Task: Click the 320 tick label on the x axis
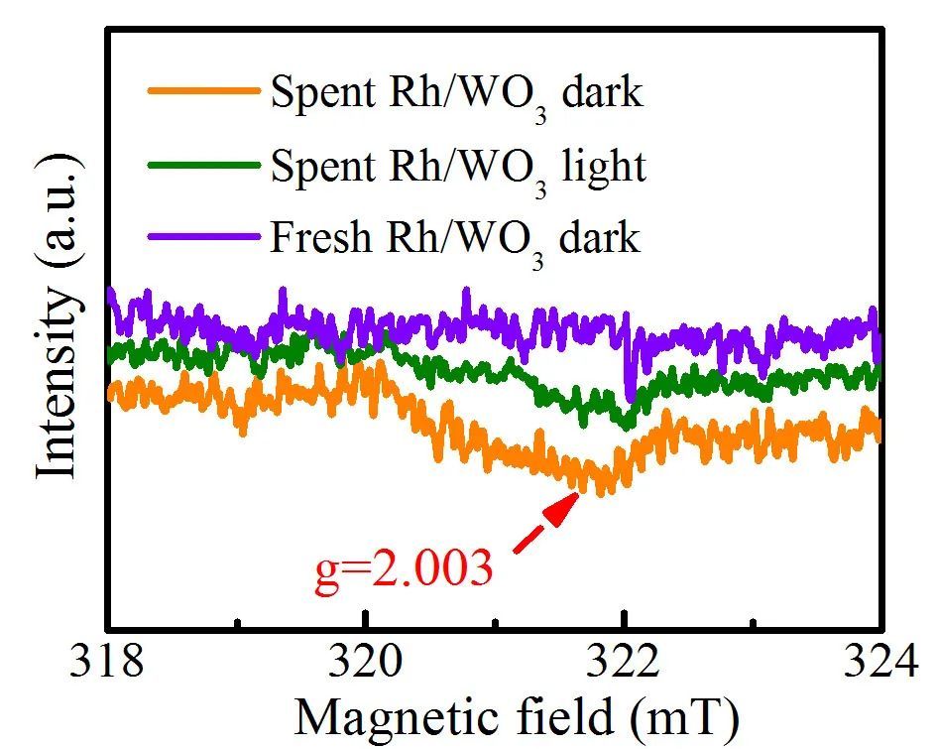366,663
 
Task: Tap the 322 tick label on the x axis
625,663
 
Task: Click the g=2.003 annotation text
404,572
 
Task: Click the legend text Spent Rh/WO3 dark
457,95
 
